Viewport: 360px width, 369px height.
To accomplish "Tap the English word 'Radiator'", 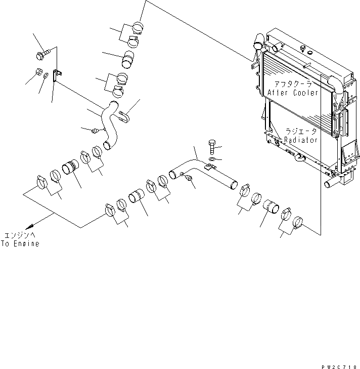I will pyautogui.click(x=300, y=140).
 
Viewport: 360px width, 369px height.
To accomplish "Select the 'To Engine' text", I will pyautogui.click(x=20, y=244).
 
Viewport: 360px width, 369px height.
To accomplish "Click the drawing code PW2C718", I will pyautogui.click(x=339, y=364).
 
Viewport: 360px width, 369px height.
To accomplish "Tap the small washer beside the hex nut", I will pyautogui.click(x=47, y=76).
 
